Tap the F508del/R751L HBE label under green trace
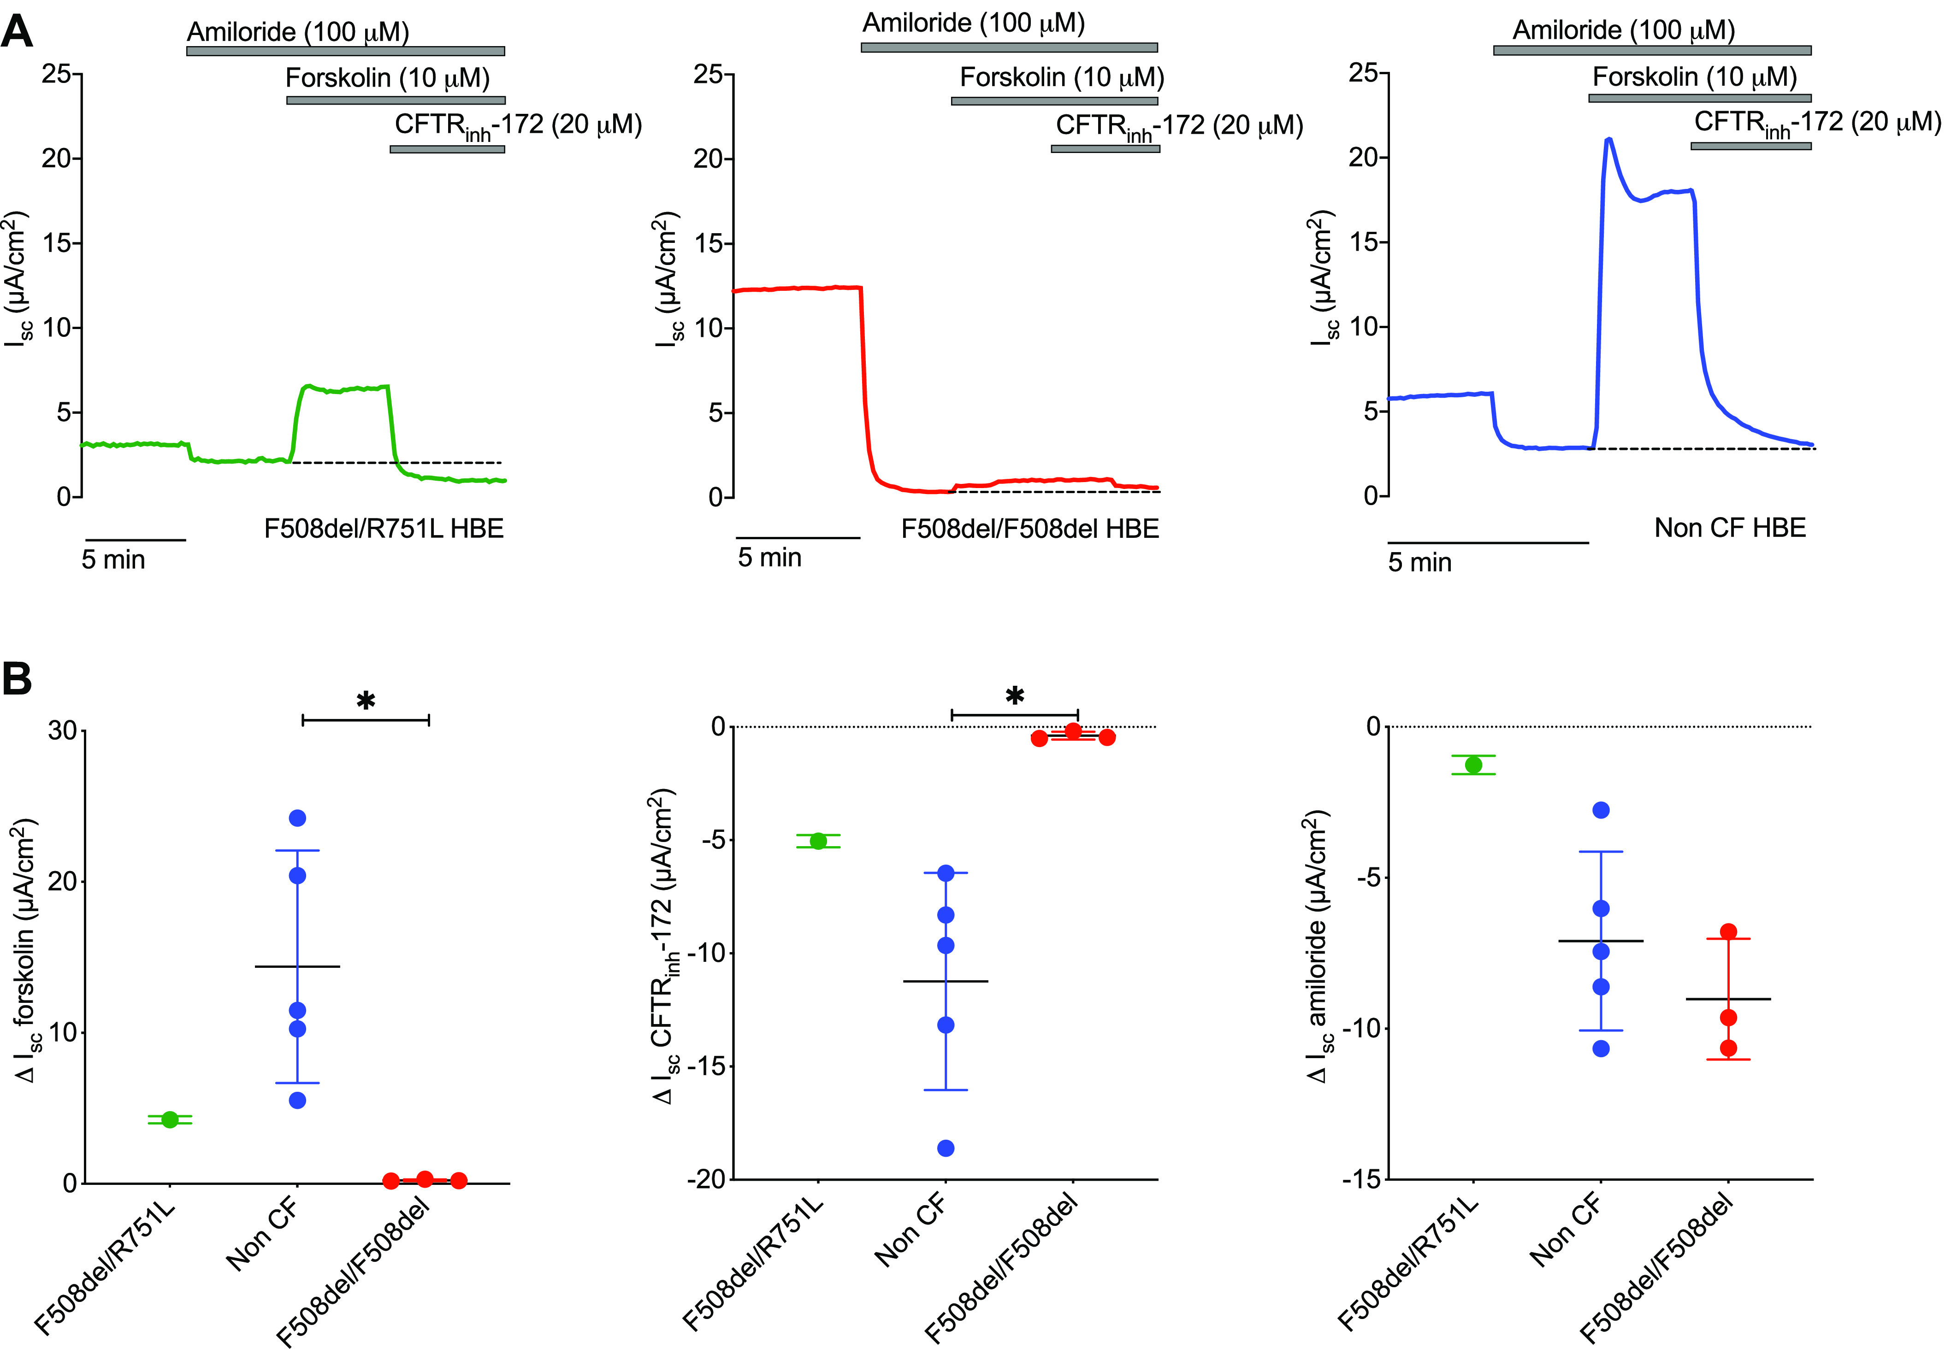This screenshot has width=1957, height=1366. (384, 529)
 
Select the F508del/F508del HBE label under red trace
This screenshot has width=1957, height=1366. (1029, 529)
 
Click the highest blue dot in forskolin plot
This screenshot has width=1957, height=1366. (297, 818)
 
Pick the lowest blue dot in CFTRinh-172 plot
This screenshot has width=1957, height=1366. (946, 1148)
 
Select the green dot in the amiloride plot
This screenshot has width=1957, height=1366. (1474, 765)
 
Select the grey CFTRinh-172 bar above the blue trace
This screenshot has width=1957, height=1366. (1751, 146)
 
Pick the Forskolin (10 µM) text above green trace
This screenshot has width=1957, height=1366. (388, 78)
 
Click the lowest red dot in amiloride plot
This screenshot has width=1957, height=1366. (1729, 1048)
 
